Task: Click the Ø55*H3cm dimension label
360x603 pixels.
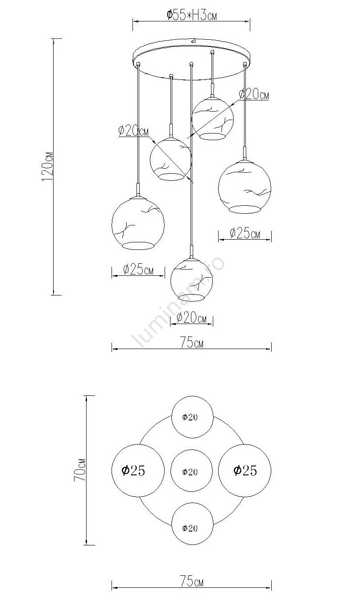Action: pyautogui.click(x=191, y=15)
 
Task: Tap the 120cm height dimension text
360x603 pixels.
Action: pyautogui.click(x=48, y=166)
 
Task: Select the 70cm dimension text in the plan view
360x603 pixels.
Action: pyautogui.click(x=80, y=470)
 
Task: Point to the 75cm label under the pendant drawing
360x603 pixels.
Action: pyautogui.click(x=191, y=342)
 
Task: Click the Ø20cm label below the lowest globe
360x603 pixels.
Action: pyautogui.click(x=191, y=318)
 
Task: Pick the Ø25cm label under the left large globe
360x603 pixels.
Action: pyautogui.click(x=138, y=269)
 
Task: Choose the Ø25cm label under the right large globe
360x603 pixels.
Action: pyautogui.click(x=245, y=233)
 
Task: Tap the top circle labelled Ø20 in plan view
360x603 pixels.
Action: pyautogui.click(x=192, y=417)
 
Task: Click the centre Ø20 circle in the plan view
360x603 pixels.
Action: pyautogui.click(x=191, y=470)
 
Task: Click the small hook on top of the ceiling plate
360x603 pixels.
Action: pyautogui.click(x=193, y=41)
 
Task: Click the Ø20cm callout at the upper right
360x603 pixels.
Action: pyautogui.click(x=254, y=95)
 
